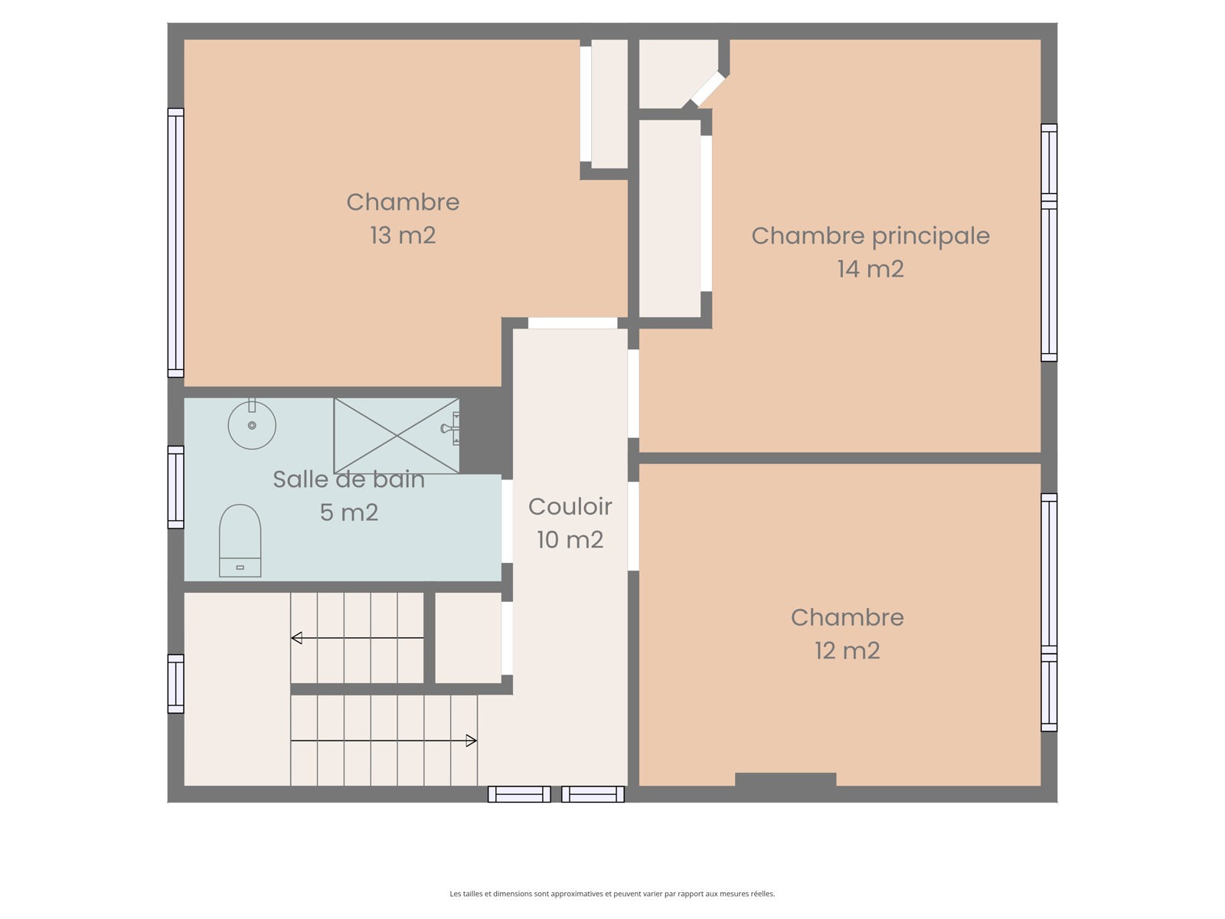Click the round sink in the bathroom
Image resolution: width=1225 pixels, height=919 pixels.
point(252,424)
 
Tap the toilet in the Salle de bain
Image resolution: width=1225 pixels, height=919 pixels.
point(240,540)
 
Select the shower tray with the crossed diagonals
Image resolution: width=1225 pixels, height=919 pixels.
point(397,436)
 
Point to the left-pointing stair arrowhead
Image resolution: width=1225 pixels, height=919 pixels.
point(296,638)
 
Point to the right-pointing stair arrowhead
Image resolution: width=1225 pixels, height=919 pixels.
point(472,741)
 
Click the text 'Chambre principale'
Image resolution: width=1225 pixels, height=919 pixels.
point(871,237)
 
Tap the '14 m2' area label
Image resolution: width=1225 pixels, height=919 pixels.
point(871,269)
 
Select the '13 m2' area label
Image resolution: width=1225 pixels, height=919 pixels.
point(403,235)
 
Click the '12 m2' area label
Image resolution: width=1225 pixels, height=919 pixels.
point(848,651)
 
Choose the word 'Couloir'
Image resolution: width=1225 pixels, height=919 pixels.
point(570,507)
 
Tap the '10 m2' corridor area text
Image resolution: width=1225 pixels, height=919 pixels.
point(570,540)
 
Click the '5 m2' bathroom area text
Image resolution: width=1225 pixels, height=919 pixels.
point(349,512)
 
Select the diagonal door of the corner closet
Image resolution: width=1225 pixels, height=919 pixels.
point(707,89)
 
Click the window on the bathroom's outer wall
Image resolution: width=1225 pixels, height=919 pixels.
point(176,487)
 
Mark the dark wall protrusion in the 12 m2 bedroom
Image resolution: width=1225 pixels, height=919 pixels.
point(786,780)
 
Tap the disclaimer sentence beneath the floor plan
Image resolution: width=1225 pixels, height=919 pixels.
point(612,893)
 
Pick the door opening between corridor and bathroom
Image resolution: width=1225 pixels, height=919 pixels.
point(507,522)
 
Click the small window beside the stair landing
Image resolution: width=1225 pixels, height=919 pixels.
point(176,684)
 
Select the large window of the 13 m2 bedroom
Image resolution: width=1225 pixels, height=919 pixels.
point(176,243)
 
